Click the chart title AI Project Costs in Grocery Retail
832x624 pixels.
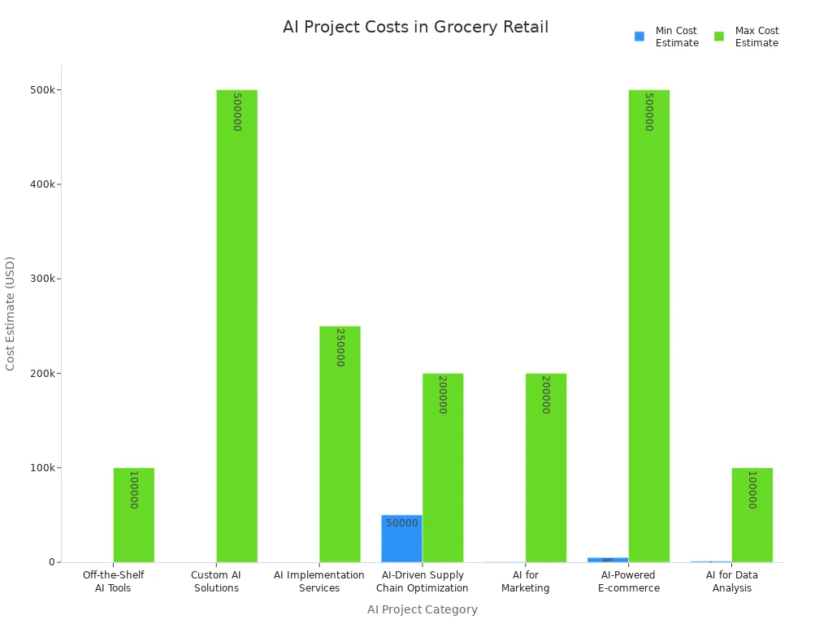[415, 27]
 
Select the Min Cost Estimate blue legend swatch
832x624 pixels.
[639, 37]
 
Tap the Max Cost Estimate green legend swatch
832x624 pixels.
[719, 37]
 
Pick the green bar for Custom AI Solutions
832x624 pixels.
[236, 325]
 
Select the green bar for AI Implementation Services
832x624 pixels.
[340, 444]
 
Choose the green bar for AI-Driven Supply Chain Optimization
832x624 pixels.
[443, 467]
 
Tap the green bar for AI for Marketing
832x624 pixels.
[546, 467]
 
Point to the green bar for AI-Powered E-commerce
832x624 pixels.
[649, 325]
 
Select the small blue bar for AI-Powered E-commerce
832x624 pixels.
[608, 560]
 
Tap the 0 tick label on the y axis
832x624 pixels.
[51, 562]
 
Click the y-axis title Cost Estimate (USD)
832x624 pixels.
[11, 314]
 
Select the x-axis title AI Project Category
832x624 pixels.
[422, 609]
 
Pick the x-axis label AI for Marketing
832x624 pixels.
[525, 582]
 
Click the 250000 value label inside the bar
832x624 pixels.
[340, 347]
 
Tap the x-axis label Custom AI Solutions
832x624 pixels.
[216, 582]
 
